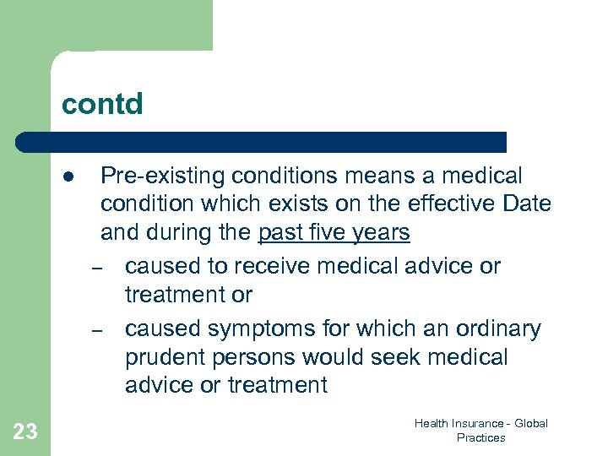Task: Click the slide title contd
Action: click(x=102, y=104)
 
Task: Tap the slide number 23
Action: click(x=25, y=432)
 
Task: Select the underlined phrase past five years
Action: click(x=334, y=232)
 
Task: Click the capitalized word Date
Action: click(x=528, y=204)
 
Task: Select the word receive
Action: click(x=269, y=266)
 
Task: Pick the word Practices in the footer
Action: click(x=480, y=437)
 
